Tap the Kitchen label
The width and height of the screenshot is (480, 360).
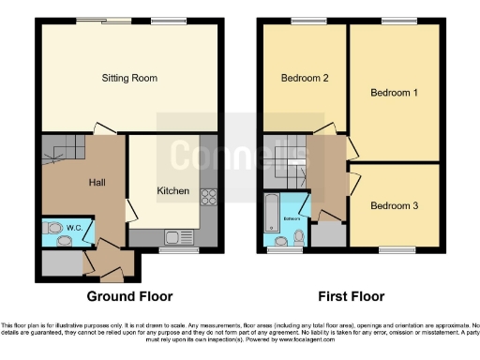tap(172, 190)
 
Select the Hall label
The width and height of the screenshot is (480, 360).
tap(97, 182)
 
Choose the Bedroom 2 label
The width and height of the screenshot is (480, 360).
tap(305, 78)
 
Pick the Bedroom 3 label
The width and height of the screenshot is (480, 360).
tap(393, 205)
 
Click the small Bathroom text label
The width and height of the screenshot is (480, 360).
tap(292, 218)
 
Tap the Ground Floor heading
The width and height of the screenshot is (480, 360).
tap(129, 296)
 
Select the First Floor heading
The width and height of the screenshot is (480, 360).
tap(352, 296)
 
